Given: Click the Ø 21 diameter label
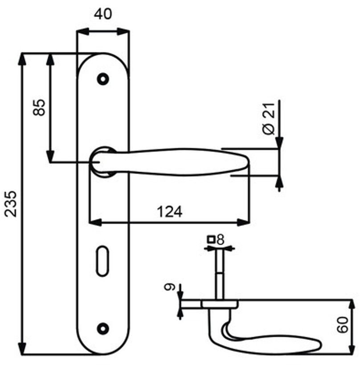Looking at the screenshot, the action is [x=269, y=117].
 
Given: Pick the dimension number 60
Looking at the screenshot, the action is [x=342, y=326].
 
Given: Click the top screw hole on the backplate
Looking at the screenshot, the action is [x=103, y=79].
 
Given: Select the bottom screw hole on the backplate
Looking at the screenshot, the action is [x=103, y=328].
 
